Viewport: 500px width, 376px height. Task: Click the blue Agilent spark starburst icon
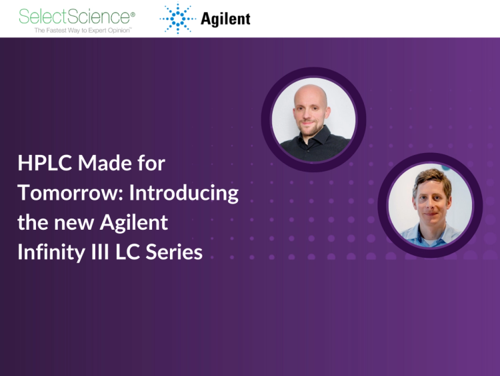click(177, 18)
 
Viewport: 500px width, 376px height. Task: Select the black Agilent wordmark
click(225, 19)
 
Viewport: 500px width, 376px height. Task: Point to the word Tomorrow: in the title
click(71, 193)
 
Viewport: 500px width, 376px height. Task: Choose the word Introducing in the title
click(183, 193)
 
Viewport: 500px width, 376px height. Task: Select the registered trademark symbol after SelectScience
click(132, 13)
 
